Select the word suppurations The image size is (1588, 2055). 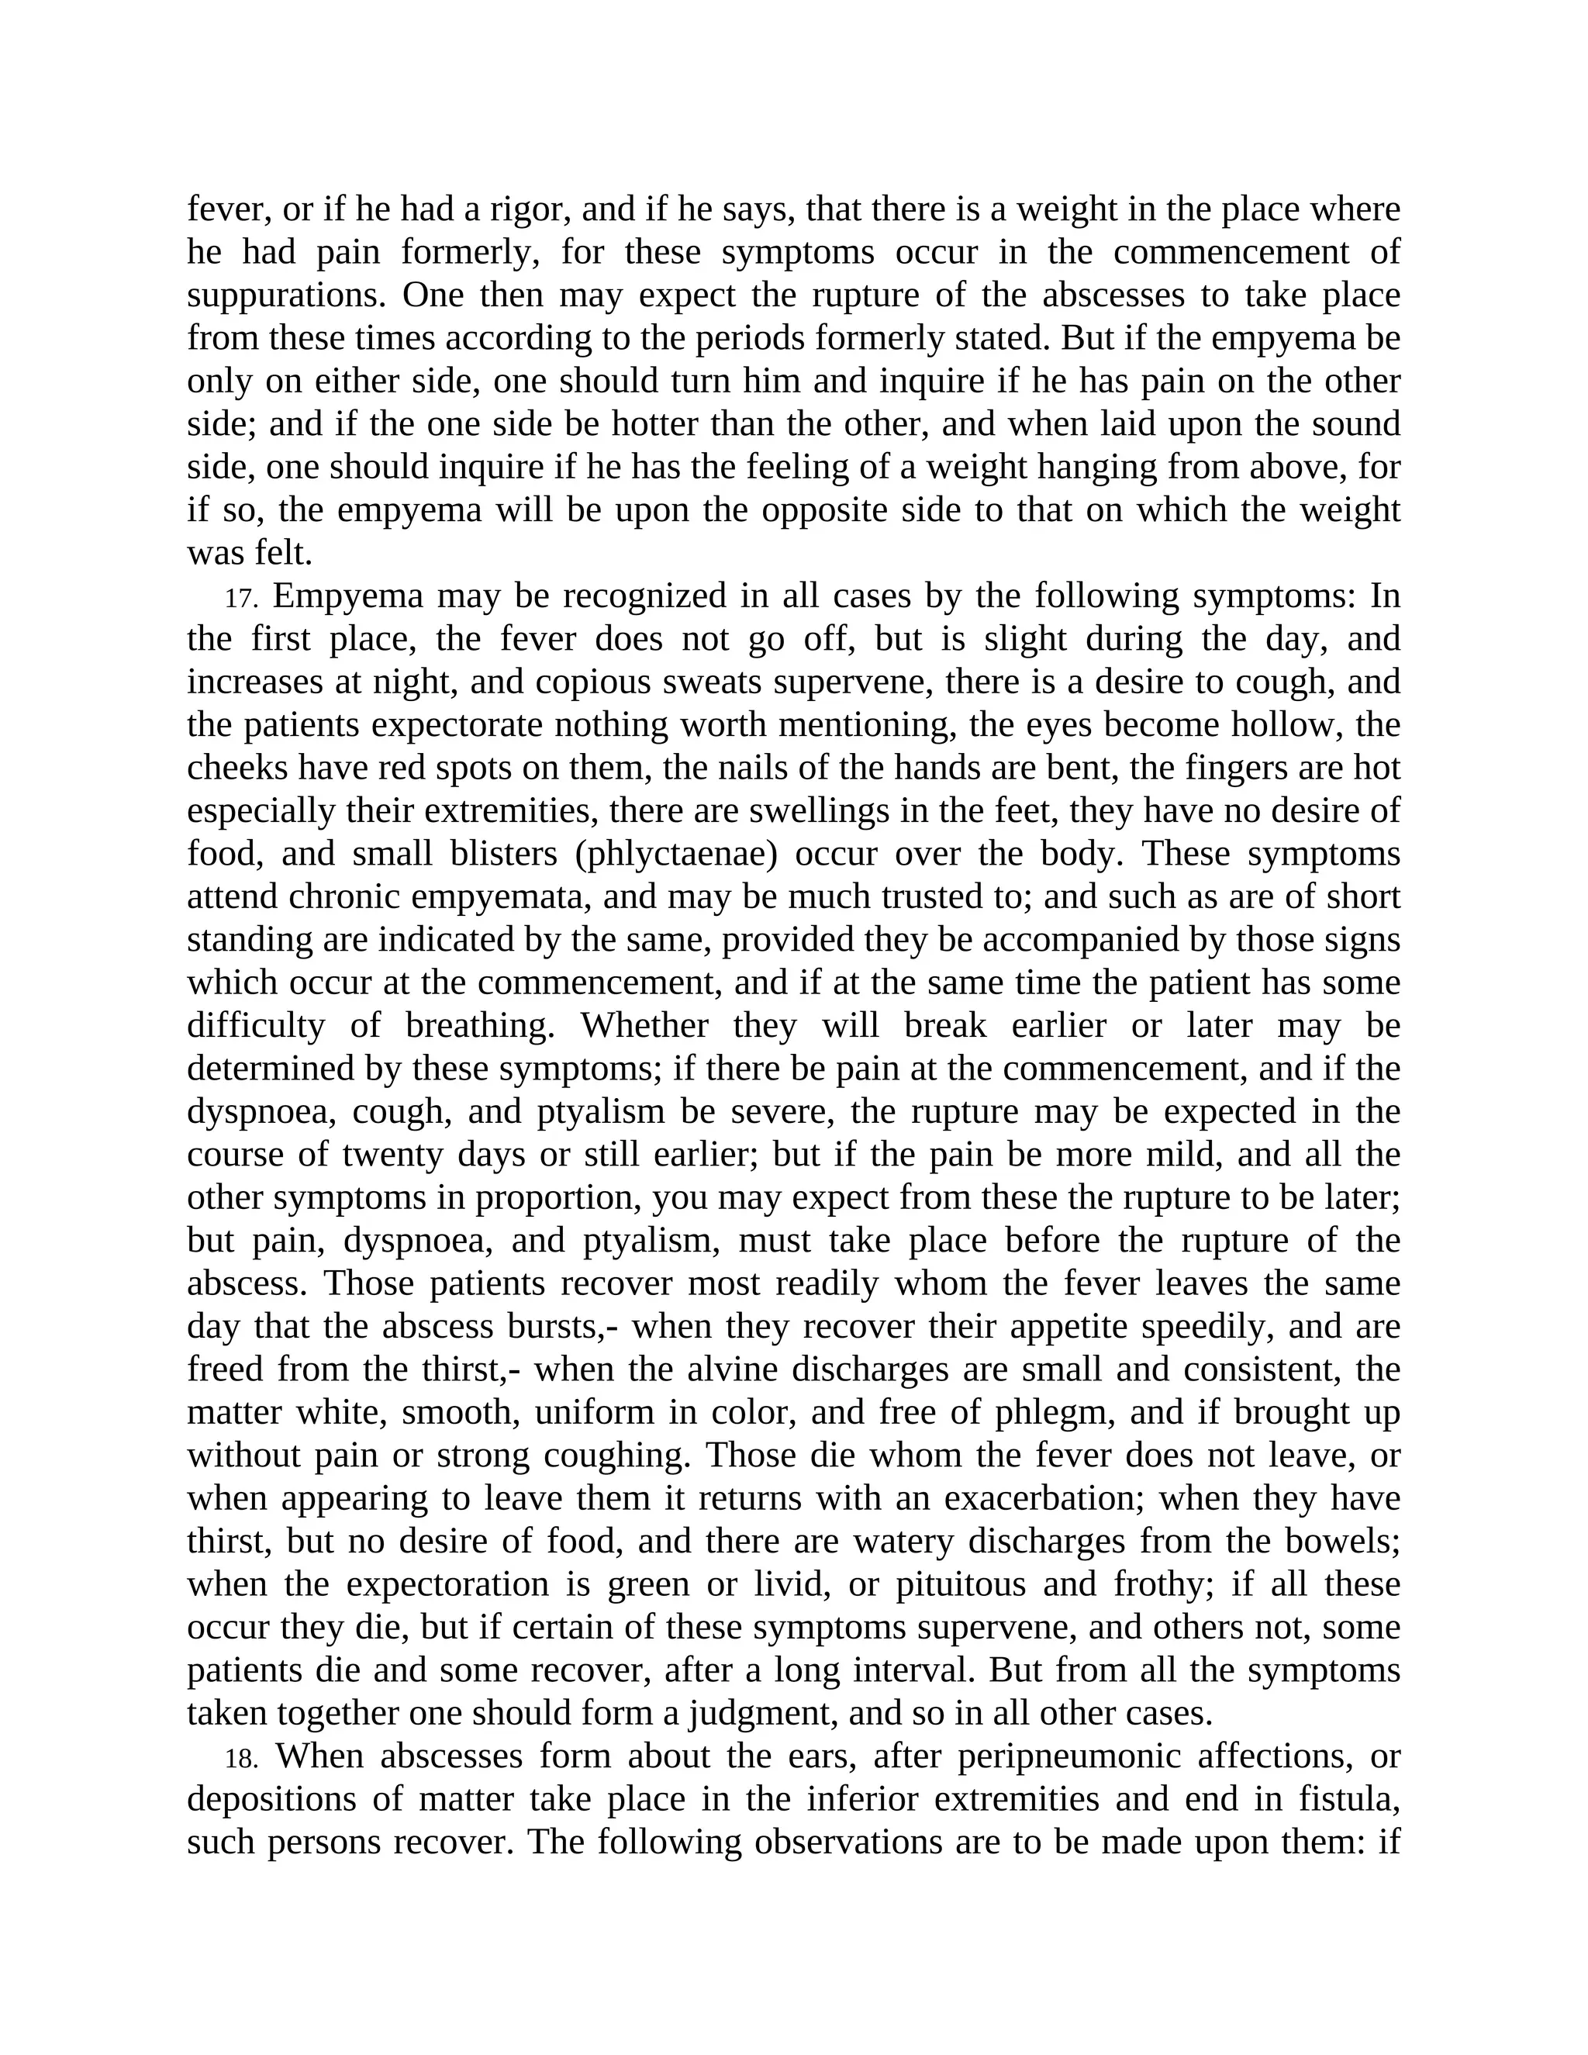coord(287,295)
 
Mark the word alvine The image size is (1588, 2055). coord(733,1370)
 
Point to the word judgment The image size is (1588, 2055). coord(762,1715)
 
